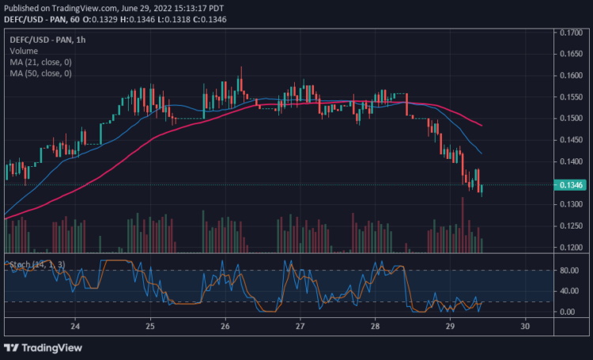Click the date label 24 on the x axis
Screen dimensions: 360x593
pos(75,326)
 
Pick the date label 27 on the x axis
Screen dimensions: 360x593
pos(300,326)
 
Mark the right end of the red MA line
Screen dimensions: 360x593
pos(482,125)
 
